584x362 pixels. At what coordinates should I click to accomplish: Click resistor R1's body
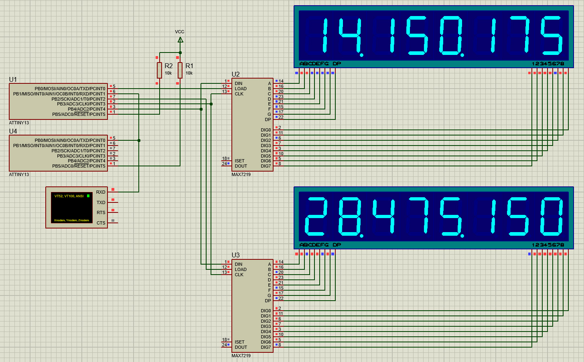[x=180, y=70]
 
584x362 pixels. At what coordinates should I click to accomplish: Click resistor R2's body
[x=159, y=70]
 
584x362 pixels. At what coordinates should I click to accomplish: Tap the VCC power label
[x=180, y=32]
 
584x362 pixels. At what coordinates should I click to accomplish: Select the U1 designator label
[x=13, y=79]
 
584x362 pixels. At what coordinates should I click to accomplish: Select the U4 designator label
[x=13, y=131]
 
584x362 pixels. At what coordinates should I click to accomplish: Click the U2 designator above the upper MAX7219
[x=235, y=74]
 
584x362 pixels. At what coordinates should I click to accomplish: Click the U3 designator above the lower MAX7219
[x=235, y=255]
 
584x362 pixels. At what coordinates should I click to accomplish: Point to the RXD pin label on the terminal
[x=101, y=192]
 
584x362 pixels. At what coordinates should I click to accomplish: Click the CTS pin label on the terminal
[x=101, y=223]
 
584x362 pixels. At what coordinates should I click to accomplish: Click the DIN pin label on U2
[x=239, y=83]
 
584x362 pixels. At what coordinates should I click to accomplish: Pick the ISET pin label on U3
[x=239, y=342]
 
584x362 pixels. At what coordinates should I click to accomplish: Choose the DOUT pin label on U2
[x=241, y=166]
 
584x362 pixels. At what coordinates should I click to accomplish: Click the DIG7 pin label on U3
[x=266, y=347]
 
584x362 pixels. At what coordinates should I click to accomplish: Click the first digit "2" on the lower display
[x=316, y=216]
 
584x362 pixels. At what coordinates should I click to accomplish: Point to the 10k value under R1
[x=189, y=73]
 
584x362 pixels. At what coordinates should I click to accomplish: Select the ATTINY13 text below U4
[x=19, y=174]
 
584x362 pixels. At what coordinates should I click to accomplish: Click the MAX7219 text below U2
[x=241, y=174]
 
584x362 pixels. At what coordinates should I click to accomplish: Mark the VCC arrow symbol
[x=180, y=40]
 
